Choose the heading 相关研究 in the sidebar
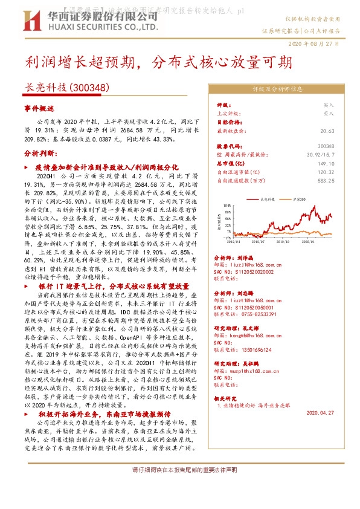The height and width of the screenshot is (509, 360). [x=227, y=398]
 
